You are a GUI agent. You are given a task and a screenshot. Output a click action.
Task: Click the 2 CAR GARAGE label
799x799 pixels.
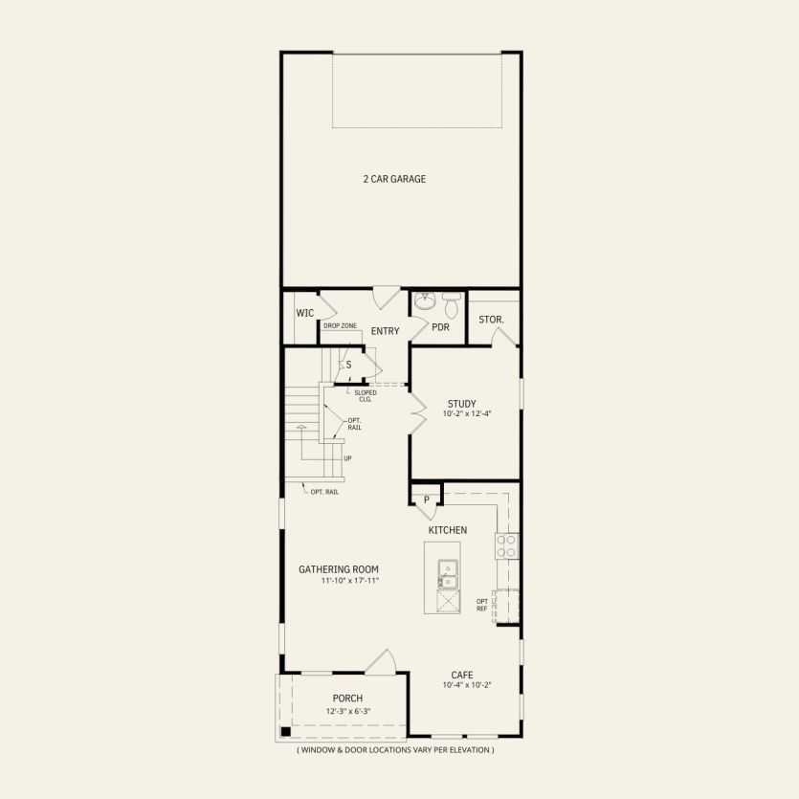tap(393, 179)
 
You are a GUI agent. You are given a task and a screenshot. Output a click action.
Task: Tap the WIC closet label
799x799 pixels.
tap(305, 313)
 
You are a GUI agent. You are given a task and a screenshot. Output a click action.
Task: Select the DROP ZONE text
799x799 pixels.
tap(340, 326)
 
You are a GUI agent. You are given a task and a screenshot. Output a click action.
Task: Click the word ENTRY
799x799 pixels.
tap(385, 331)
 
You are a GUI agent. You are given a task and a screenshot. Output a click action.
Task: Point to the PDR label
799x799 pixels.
tap(440, 327)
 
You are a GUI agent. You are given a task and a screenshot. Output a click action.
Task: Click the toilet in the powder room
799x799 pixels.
tap(451, 304)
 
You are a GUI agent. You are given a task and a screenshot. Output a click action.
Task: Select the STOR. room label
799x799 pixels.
tap(492, 319)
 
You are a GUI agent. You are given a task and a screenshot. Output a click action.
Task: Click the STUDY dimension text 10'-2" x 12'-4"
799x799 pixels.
tap(467, 413)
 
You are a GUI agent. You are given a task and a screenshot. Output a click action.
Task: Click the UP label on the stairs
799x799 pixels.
tap(347, 457)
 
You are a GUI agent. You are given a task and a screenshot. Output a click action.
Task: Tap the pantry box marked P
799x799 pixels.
tap(426, 499)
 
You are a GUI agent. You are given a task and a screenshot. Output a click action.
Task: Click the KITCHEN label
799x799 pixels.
tap(447, 530)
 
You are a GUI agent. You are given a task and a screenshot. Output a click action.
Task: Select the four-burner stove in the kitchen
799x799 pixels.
tap(505, 546)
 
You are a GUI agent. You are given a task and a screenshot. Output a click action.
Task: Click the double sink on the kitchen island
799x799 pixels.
tap(447, 573)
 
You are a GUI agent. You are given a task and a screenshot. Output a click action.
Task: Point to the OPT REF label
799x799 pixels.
tap(482, 605)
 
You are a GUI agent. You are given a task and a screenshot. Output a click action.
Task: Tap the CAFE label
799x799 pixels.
tap(463, 675)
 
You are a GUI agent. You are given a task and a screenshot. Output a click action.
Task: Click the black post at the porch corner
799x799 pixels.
tap(284, 732)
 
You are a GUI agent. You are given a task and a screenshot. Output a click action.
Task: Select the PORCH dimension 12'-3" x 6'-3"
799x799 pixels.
tap(347, 710)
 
